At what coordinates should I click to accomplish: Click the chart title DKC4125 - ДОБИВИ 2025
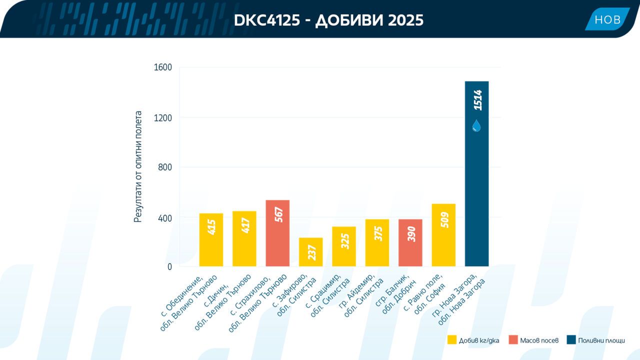pyautogui.click(x=328, y=20)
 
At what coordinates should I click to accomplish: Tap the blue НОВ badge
pyautogui.click(x=607, y=19)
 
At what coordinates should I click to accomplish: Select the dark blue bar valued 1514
pyautogui.click(x=476, y=173)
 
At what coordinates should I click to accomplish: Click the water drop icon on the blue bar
pyautogui.click(x=476, y=125)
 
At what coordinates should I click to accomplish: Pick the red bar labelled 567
pyautogui.click(x=277, y=233)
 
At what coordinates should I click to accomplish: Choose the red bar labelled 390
pyautogui.click(x=410, y=243)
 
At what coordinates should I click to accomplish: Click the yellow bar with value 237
pyautogui.click(x=311, y=252)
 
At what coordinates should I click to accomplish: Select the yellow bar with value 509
pyautogui.click(x=443, y=235)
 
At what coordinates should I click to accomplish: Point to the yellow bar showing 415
pyautogui.click(x=211, y=240)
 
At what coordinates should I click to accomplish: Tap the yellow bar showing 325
pyautogui.click(x=344, y=246)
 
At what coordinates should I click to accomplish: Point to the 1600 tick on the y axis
pyautogui.click(x=163, y=67)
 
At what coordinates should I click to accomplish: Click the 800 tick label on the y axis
pyautogui.click(x=165, y=167)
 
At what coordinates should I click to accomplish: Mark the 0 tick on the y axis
pyautogui.click(x=169, y=267)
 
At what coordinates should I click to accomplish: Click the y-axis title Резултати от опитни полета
pyautogui.click(x=138, y=166)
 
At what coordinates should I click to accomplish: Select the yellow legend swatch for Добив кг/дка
pyautogui.click(x=452, y=339)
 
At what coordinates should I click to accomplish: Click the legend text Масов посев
pyautogui.click(x=539, y=340)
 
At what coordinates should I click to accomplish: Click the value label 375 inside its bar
pyautogui.click(x=377, y=233)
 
